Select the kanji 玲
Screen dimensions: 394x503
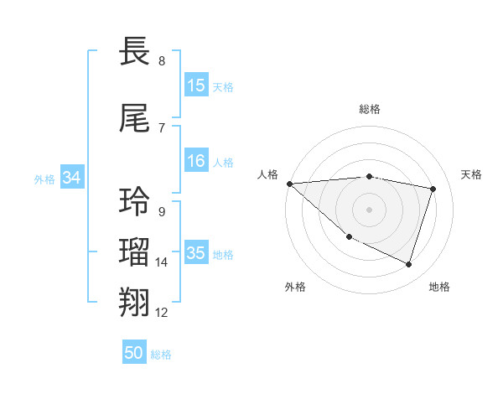click(x=136, y=202)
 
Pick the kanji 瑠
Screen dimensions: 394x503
click(x=136, y=251)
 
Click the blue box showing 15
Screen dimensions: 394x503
click(x=196, y=86)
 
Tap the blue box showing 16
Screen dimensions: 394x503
click(x=196, y=162)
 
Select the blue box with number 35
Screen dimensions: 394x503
click(x=196, y=254)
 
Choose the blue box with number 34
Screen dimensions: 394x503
click(x=72, y=179)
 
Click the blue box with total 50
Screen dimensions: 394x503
click(x=134, y=354)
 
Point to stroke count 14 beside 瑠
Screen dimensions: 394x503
click(x=162, y=262)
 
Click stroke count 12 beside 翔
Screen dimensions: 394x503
click(x=162, y=313)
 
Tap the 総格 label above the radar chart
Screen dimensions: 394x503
click(x=370, y=109)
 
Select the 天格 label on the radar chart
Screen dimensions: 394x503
click(x=472, y=174)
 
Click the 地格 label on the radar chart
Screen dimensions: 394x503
click(x=439, y=287)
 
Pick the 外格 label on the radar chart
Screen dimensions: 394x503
click(x=295, y=287)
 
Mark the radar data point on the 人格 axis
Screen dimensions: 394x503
click(x=289, y=184)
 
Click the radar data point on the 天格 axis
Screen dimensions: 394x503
click(x=433, y=189)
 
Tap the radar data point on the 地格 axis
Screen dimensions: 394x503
click(x=408, y=264)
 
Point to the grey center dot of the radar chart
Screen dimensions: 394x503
click(x=370, y=210)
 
